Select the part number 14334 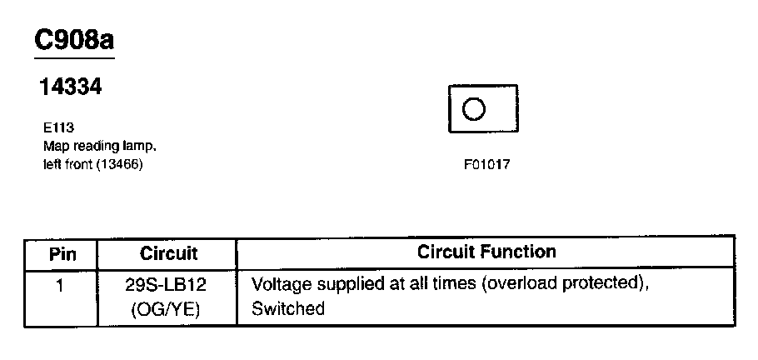point(71,87)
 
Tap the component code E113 point(58,129)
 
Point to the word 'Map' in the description point(55,146)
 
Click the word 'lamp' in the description point(138,146)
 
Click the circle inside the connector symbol point(474,109)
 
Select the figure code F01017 point(486,164)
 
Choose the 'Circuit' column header point(168,253)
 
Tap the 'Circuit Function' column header point(486,252)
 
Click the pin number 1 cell point(60,284)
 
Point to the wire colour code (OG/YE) point(167,309)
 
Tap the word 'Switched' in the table point(288,309)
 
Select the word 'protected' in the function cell point(606,284)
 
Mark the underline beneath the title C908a point(73,58)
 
